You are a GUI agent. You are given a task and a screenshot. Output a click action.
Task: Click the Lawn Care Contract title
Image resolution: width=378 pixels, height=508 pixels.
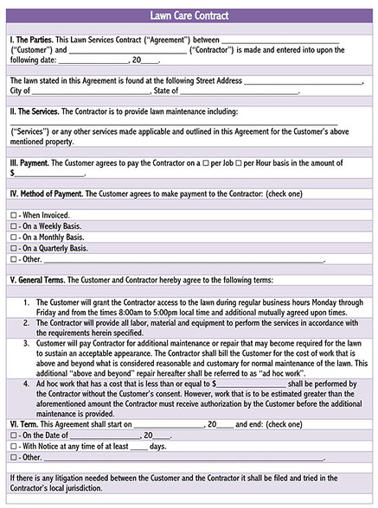pos(189,16)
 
